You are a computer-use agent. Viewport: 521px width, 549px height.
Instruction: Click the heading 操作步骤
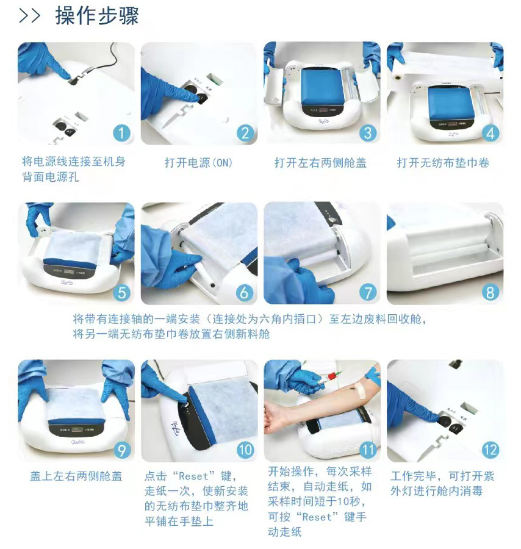tap(97, 16)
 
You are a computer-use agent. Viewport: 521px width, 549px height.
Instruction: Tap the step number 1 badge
tap(121, 134)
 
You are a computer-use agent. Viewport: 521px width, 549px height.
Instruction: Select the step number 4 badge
tap(490, 134)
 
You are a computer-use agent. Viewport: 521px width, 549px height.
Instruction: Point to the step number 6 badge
tap(245, 293)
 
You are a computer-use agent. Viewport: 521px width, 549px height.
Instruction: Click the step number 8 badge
tap(490, 293)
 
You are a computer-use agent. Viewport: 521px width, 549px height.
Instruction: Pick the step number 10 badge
tap(245, 450)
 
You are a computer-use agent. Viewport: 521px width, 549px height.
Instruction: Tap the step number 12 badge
tap(490, 450)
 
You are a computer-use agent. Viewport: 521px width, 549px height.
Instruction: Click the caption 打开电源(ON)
tap(198, 163)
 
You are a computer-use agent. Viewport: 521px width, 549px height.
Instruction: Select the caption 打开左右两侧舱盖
tap(320, 163)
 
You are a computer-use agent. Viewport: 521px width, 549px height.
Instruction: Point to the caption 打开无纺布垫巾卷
tap(443, 163)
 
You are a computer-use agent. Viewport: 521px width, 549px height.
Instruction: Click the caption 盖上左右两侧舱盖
tap(76, 476)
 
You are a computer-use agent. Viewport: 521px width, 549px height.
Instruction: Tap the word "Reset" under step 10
tap(193, 476)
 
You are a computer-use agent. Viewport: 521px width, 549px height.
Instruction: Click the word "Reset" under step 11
tap(317, 517)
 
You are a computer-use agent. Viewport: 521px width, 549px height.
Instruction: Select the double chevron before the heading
tap(29, 16)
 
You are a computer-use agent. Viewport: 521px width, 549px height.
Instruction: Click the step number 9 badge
tap(121, 450)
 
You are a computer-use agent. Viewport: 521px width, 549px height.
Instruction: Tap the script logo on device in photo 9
tap(76, 442)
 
